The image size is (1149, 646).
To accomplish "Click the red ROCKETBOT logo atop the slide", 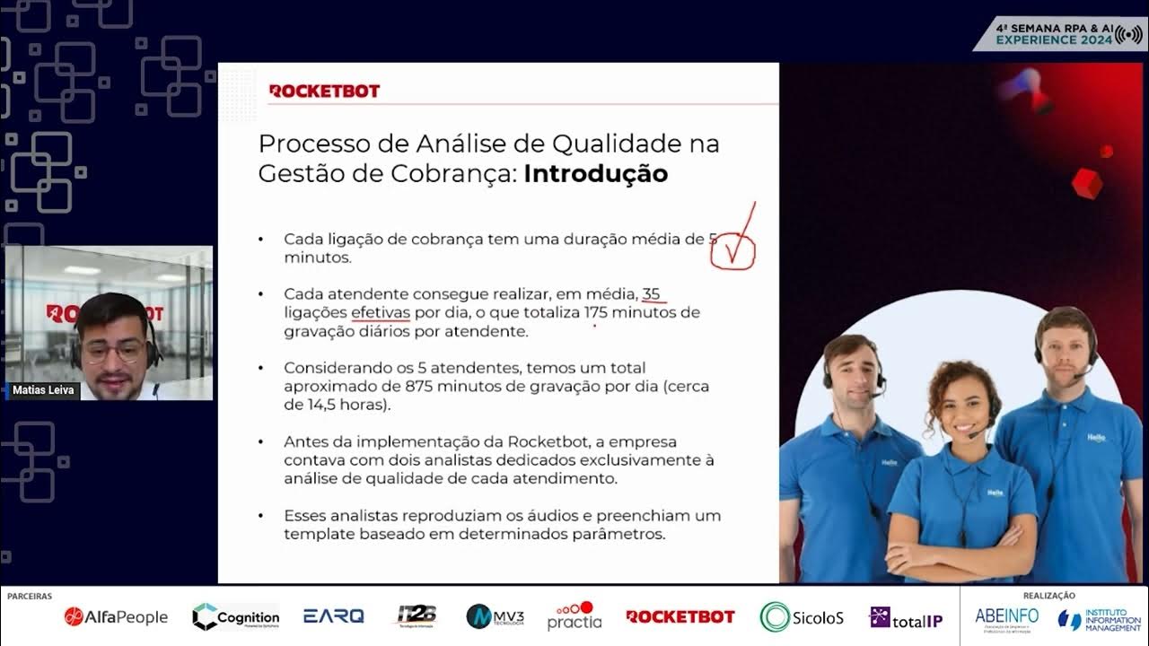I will pyautogui.click(x=324, y=91).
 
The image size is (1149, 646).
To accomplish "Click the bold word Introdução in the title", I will pyautogui.click(x=595, y=173).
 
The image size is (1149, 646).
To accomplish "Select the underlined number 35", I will pyautogui.click(x=651, y=293).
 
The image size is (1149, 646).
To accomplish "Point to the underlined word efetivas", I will pyautogui.click(x=381, y=312).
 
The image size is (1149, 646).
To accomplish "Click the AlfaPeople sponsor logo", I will pyautogui.click(x=116, y=616).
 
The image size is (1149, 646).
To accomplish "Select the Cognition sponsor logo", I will pyautogui.click(x=236, y=616).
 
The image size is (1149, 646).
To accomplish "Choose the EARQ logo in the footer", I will pyautogui.click(x=334, y=616).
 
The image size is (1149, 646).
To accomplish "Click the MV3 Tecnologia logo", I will pyautogui.click(x=495, y=616).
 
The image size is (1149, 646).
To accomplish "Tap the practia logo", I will pyautogui.click(x=574, y=616).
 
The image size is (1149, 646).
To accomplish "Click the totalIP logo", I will pyautogui.click(x=906, y=617).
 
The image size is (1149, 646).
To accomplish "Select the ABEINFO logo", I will pyautogui.click(x=1006, y=616).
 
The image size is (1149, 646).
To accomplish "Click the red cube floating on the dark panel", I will pyautogui.click(x=1087, y=183).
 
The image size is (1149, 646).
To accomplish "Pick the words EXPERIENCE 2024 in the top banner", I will pyautogui.click(x=1054, y=39).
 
